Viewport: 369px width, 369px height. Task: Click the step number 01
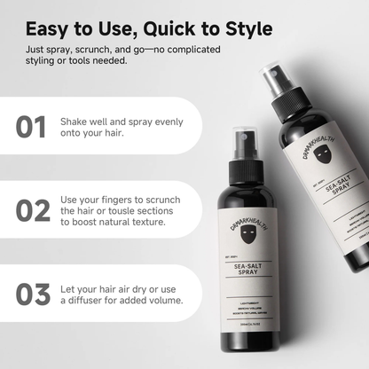(x=32, y=126)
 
